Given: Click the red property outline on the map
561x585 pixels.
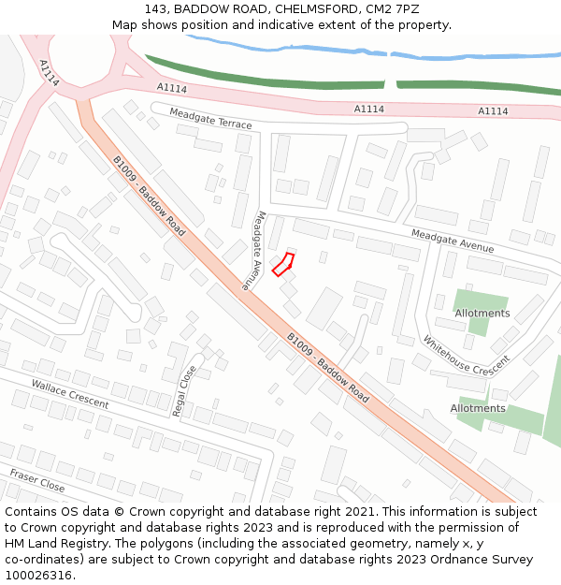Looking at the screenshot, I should click(282, 264).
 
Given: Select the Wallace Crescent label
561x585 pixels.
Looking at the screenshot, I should click(70, 394).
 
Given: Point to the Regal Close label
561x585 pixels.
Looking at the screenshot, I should click(185, 390).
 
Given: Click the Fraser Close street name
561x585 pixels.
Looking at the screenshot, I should click(37, 480).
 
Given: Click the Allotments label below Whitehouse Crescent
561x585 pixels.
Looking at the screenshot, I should click(478, 408).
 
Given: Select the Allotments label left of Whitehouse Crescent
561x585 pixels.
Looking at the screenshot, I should click(482, 314).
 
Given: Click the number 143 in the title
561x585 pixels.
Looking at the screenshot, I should click(156, 9).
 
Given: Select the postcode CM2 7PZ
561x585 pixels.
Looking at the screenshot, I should click(391, 9).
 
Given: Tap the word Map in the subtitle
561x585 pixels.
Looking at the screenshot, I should click(125, 25).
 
